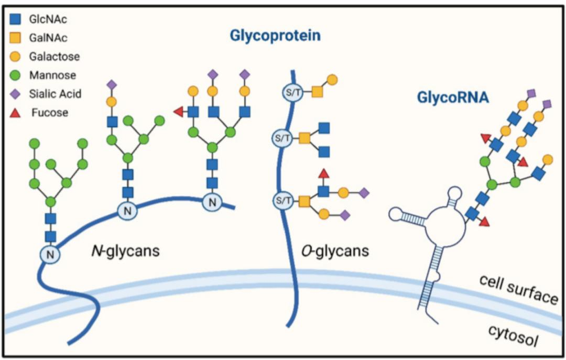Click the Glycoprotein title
click(x=275, y=36)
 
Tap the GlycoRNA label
click(x=453, y=97)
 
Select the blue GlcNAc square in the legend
click(x=15, y=19)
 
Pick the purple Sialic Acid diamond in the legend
click(x=15, y=94)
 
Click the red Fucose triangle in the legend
click(x=15, y=113)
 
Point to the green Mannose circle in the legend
click(x=15, y=75)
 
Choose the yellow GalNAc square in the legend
click(x=15, y=38)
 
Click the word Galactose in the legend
click(x=55, y=56)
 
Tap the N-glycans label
click(x=125, y=250)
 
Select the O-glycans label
click(x=335, y=250)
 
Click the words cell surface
click(x=518, y=290)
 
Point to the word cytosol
click(x=513, y=335)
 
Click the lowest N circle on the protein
click(x=50, y=255)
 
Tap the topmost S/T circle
click(x=292, y=92)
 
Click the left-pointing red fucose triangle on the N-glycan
click(x=179, y=112)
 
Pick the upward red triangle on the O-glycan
click(x=324, y=173)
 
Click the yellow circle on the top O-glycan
click(x=332, y=80)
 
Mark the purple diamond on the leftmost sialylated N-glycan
click(x=112, y=85)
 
